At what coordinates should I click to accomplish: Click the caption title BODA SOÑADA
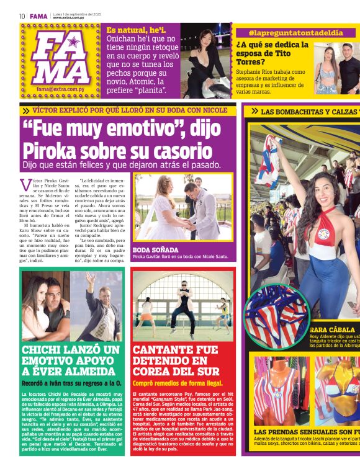tap(152, 249)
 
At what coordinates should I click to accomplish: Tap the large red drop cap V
tap(25, 185)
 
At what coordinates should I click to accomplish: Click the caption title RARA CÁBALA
tap(329, 329)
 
